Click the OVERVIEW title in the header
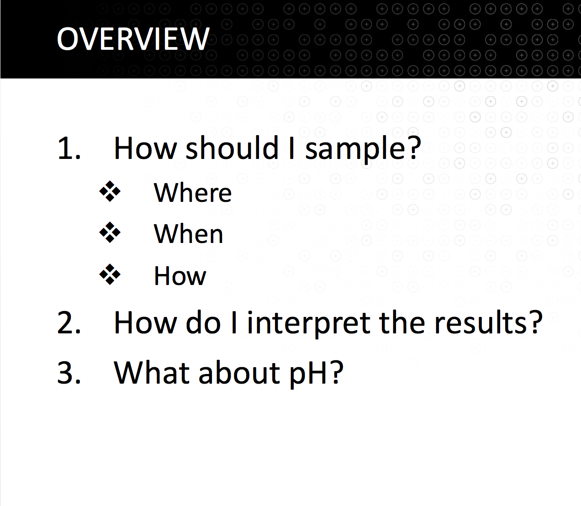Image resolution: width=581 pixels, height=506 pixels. pos(133,39)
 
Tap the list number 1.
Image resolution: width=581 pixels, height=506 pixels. pos(69,148)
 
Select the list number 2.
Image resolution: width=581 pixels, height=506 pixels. pos(69,322)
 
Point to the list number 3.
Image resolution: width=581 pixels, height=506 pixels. pos(69,372)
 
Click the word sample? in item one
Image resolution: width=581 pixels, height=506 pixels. pos(363,149)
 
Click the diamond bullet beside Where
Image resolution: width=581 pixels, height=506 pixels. pos(110,191)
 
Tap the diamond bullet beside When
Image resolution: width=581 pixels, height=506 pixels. pos(110,233)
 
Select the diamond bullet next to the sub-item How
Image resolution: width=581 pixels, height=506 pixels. pos(110,274)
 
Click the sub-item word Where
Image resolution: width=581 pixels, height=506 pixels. pos(193,193)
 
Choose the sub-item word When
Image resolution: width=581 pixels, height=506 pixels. pos(189,233)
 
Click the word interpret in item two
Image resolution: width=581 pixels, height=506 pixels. pos(309,324)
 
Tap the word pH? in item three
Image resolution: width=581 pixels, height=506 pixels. pos(317,374)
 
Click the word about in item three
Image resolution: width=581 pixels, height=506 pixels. pos(239,372)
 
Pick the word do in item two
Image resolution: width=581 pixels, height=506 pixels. pos(203,322)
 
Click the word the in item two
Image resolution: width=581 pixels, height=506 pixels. pos(402,322)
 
